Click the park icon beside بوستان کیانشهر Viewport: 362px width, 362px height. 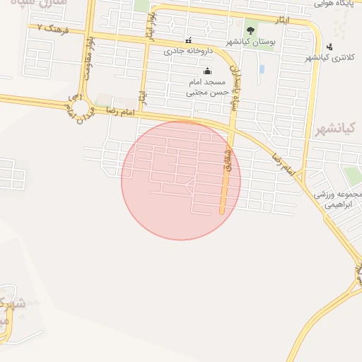pyautogui.click(x=250, y=31)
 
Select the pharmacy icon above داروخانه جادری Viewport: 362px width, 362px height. pyautogui.click(x=188, y=40)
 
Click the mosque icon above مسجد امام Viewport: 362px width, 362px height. pyautogui.click(x=207, y=71)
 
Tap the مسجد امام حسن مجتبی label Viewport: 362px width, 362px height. pyautogui.click(x=207, y=87)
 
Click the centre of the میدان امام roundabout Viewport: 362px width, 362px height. pyautogui.click(x=81, y=108)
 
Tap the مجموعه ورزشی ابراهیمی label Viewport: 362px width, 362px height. pyautogui.click(x=338, y=200)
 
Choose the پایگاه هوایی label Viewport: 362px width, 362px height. pyautogui.click(x=334, y=4)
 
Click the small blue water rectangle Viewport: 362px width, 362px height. pyautogui.click(x=262, y=70)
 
